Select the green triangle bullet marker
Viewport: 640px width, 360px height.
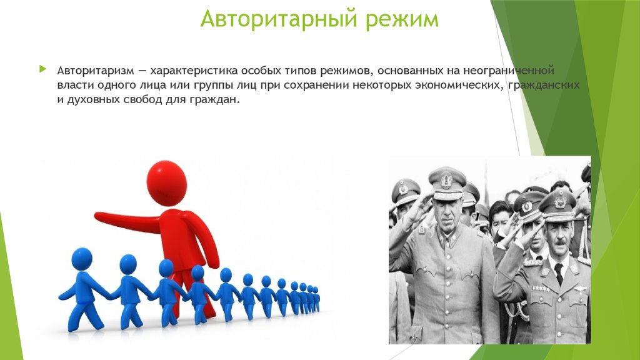click(x=43, y=69)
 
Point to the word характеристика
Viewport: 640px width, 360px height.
click(x=194, y=71)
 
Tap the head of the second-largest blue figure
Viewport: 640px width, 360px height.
click(x=128, y=264)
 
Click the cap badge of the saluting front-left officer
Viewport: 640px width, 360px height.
click(x=446, y=179)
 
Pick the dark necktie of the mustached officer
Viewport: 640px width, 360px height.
click(x=559, y=272)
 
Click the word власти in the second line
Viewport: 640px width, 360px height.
click(x=76, y=85)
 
